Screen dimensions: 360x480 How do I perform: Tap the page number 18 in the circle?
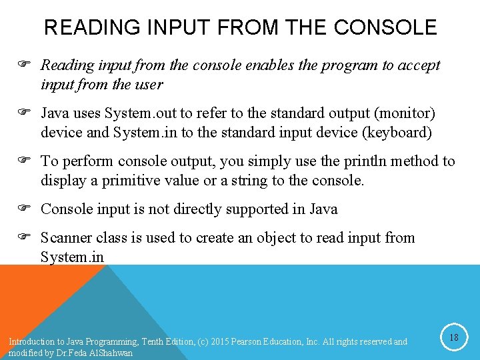coord(454,338)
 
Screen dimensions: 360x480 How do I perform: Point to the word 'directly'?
coord(197,209)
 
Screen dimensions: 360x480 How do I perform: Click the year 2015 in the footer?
coord(220,342)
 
